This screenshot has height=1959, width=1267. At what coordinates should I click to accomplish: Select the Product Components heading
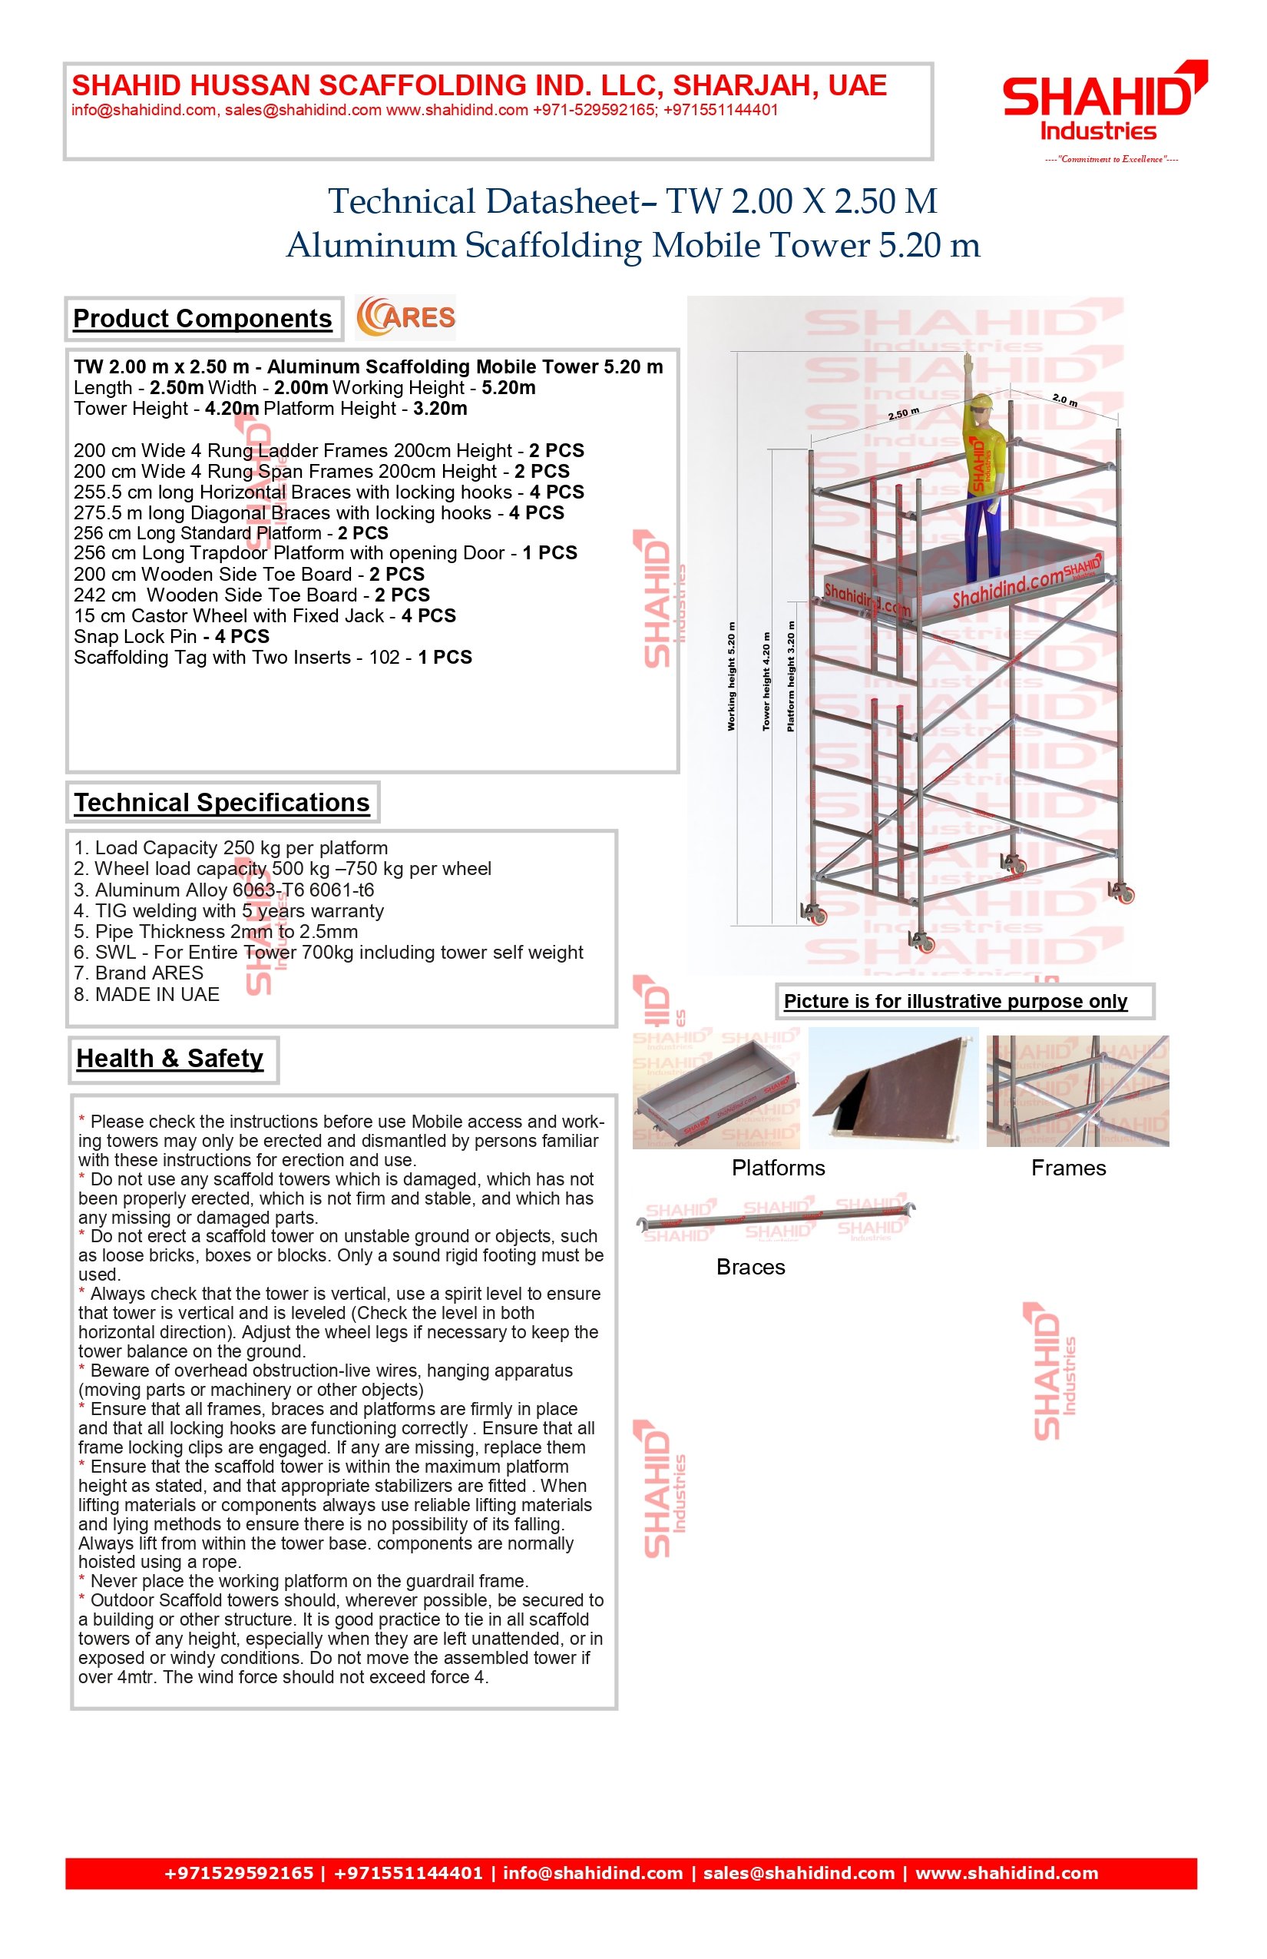203,319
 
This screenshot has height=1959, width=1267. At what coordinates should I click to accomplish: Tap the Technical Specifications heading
221,803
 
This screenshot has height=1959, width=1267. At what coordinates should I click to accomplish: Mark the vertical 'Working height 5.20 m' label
730,677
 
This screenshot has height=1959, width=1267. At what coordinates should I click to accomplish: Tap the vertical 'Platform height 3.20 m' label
791,677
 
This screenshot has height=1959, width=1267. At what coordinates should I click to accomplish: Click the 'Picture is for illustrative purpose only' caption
955,1002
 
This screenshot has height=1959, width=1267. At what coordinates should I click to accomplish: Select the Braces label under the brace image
750,1268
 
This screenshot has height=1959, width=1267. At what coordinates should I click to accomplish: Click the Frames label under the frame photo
1068,1168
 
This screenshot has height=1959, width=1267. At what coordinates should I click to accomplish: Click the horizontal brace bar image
776,1218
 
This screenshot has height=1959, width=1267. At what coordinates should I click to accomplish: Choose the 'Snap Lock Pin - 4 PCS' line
171,637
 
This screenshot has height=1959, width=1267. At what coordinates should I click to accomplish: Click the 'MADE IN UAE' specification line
147,995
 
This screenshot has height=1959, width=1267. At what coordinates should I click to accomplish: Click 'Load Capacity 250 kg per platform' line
230,849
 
